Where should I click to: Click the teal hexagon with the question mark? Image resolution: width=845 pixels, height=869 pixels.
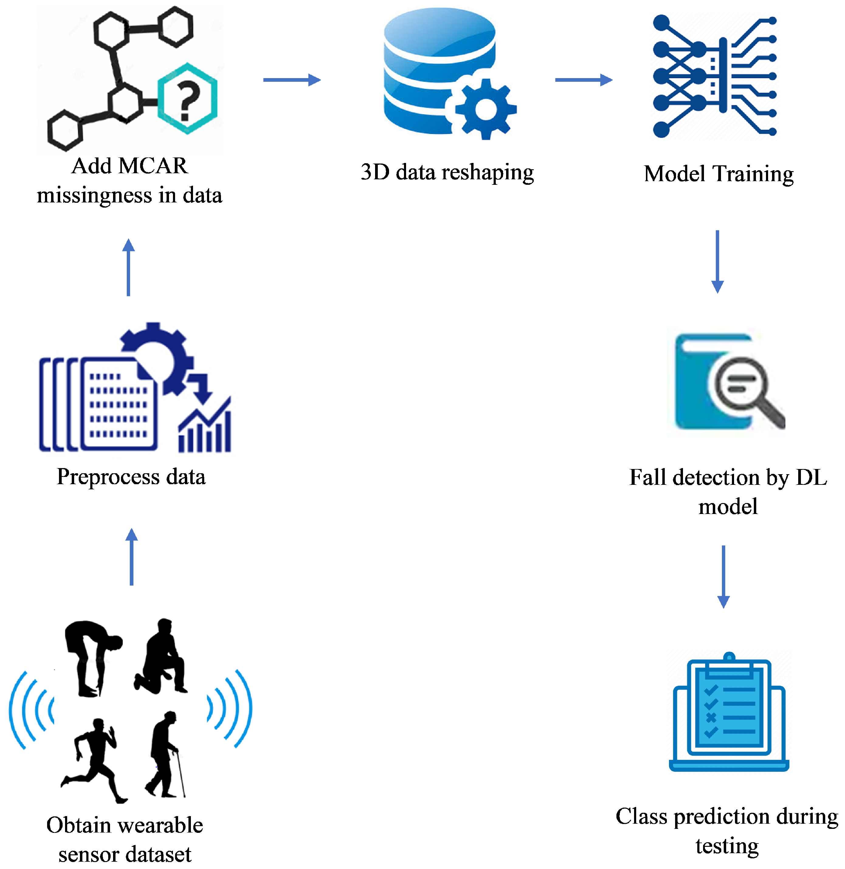pyautogui.click(x=187, y=98)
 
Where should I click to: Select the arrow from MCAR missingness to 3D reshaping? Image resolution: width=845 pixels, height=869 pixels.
pyautogui.click(x=291, y=80)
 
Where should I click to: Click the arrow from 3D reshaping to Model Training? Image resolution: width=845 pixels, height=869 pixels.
pyautogui.click(x=584, y=80)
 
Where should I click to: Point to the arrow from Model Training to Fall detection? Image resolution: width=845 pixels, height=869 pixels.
pyautogui.click(x=717, y=261)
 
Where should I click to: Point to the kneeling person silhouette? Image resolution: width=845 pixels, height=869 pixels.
pyautogui.click(x=162, y=659)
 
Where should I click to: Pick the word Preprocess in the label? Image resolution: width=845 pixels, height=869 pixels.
pyautogui.click(x=108, y=478)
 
